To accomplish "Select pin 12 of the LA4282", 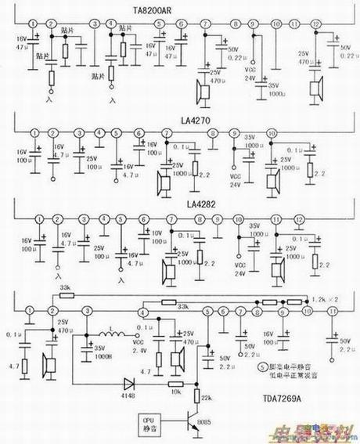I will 297,221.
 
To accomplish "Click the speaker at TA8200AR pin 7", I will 204,93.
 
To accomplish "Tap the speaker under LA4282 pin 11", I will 277,271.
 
